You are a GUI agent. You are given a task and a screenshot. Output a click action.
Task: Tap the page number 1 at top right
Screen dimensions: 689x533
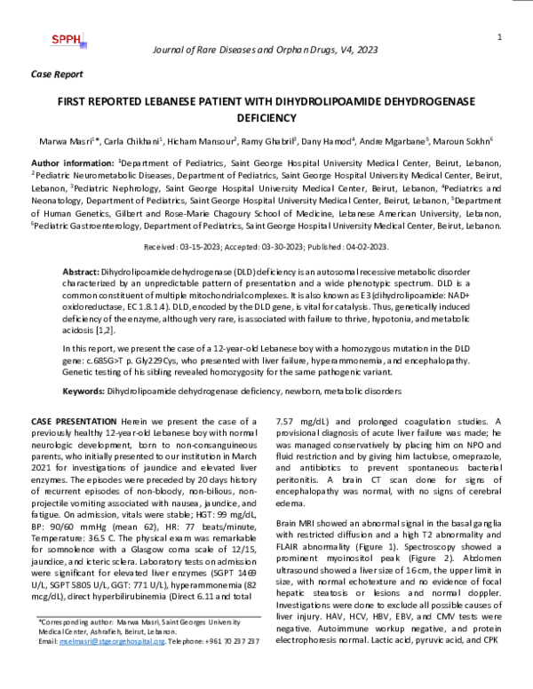(x=500, y=36)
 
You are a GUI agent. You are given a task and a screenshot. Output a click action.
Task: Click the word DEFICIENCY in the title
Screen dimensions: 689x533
(x=266, y=116)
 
